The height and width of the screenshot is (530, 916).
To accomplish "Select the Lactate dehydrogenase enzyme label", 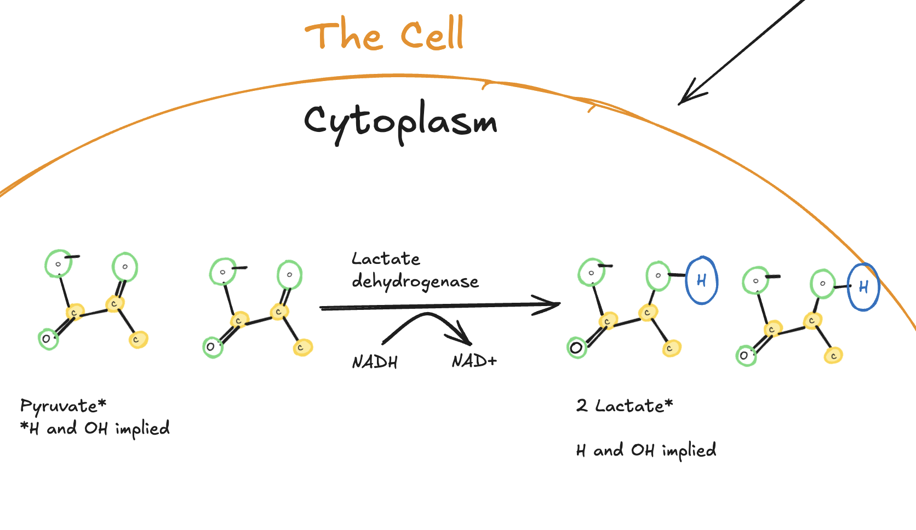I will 414,270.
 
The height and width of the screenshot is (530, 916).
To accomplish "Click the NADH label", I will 375,362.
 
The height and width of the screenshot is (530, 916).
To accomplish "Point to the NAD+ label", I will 474,361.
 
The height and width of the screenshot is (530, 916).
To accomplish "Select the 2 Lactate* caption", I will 624,406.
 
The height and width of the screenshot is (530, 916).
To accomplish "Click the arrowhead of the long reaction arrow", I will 551,304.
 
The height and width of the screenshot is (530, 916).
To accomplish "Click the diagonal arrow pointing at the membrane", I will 740,52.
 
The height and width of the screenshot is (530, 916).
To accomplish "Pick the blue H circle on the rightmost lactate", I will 863,287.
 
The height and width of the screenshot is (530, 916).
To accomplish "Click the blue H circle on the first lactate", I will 702,280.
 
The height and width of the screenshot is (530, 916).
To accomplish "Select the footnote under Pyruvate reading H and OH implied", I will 95,429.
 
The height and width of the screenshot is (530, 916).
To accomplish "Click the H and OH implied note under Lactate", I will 646,451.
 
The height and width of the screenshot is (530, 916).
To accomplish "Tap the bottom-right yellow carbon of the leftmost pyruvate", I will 138,339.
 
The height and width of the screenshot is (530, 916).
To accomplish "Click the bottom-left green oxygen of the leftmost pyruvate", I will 48,339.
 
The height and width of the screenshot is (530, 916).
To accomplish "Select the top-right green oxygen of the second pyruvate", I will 289,275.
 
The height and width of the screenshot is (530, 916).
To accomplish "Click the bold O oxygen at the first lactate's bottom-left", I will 576,348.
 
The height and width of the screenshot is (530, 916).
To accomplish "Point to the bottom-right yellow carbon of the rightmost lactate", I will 833,355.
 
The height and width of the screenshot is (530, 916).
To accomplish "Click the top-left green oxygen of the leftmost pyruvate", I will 58,264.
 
